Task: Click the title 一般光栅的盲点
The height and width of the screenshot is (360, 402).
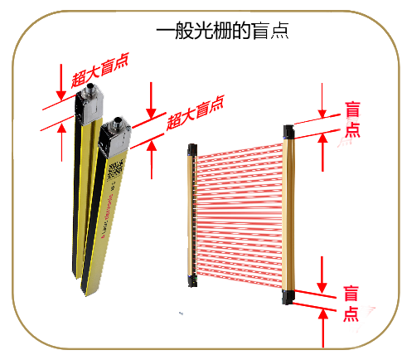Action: point(222,30)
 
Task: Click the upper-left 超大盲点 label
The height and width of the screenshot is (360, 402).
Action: point(100,71)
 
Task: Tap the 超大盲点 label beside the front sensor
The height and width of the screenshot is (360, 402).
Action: point(195,113)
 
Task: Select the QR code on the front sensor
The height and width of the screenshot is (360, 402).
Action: point(114,172)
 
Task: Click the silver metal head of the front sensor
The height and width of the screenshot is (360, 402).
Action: point(114,139)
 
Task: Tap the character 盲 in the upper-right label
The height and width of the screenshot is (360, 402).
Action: point(352,109)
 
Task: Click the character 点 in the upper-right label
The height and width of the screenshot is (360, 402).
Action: point(352,129)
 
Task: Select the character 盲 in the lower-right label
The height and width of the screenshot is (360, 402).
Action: point(351,294)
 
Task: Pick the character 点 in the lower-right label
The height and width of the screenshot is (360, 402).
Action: point(351,314)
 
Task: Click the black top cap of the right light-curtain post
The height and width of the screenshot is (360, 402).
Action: point(288,133)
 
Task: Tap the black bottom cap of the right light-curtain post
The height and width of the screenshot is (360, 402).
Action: point(288,297)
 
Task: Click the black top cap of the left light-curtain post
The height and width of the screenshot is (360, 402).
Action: point(192,150)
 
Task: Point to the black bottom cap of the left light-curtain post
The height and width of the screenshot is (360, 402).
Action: point(192,281)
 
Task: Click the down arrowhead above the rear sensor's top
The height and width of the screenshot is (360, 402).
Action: point(61,95)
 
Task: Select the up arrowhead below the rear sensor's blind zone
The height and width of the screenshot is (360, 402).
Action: point(61,128)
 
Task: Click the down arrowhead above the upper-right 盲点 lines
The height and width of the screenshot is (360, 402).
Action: point(322,114)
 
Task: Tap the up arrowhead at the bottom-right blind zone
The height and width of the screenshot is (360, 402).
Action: point(323,314)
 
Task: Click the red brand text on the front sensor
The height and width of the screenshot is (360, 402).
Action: point(107,216)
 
